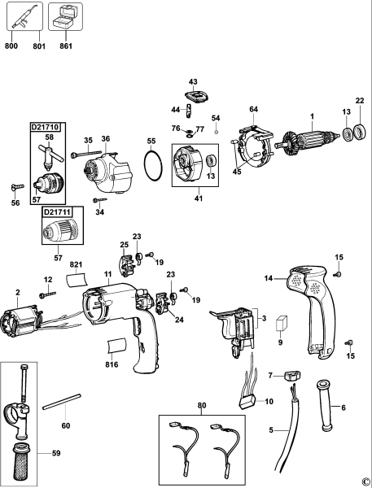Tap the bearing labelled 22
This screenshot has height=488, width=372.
pos(358,131)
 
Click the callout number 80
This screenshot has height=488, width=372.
pos(203,404)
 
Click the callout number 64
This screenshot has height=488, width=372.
pos(253,109)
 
